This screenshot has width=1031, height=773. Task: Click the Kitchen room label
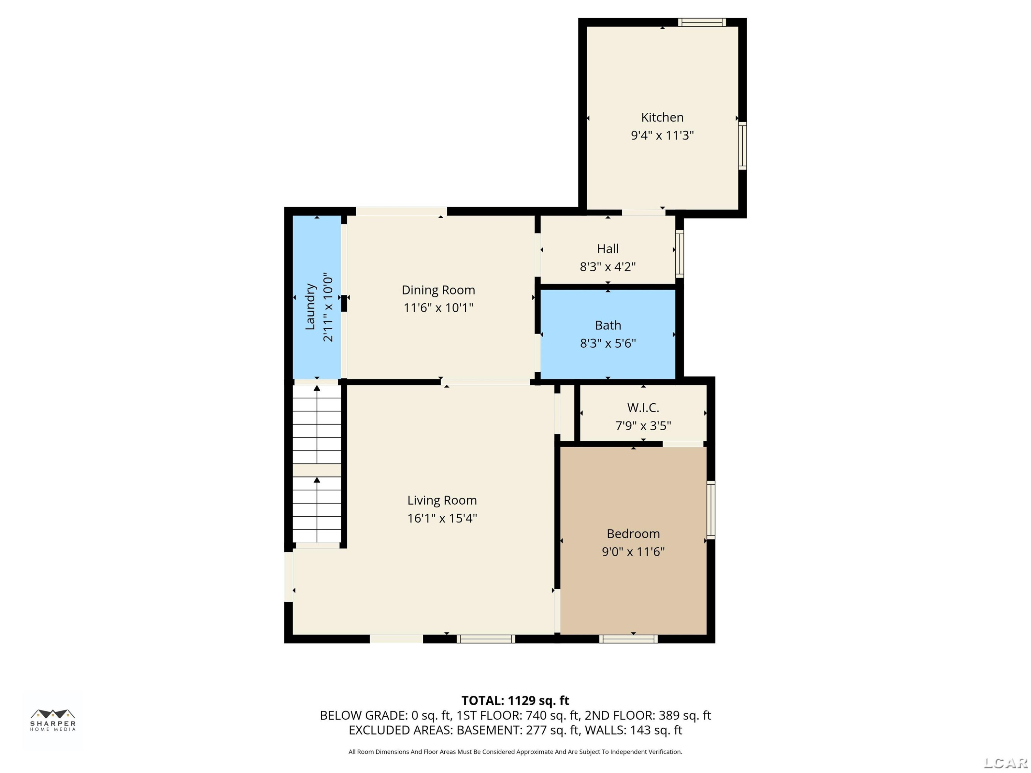pyautogui.click(x=662, y=117)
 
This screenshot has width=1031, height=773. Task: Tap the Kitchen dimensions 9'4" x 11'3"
pyautogui.click(x=662, y=135)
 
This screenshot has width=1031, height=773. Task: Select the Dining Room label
pyautogui.click(x=438, y=290)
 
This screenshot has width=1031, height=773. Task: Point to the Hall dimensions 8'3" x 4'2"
pyautogui.click(x=608, y=267)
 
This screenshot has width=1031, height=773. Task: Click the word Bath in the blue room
pyautogui.click(x=608, y=325)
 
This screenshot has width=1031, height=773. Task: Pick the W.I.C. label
pyautogui.click(x=643, y=408)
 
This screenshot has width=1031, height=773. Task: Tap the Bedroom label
pyautogui.click(x=633, y=534)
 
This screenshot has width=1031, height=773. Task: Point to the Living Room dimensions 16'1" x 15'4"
pyautogui.click(x=442, y=518)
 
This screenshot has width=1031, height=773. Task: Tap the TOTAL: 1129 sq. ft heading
pyautogui.click(x=515, y=700)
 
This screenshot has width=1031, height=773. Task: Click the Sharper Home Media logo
pyautogui.click(x=53, y=720)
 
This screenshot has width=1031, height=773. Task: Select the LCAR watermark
pyautogui.click(x=1005, y=763)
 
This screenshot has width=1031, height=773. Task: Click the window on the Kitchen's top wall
pyautogui.click(x=701, y=22)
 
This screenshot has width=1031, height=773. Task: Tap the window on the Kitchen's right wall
pyautogui.click(x=742, y=145)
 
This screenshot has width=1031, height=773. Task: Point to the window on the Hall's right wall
pyautogui.click(x=679, y=254)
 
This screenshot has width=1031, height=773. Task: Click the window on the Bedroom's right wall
pyautogui.click(x=711, y=510)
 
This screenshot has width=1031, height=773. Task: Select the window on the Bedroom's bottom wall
pyautogui.click(x=628, y=639)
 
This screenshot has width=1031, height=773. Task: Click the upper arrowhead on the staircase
pyautogui.click(x=317, y=388)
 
